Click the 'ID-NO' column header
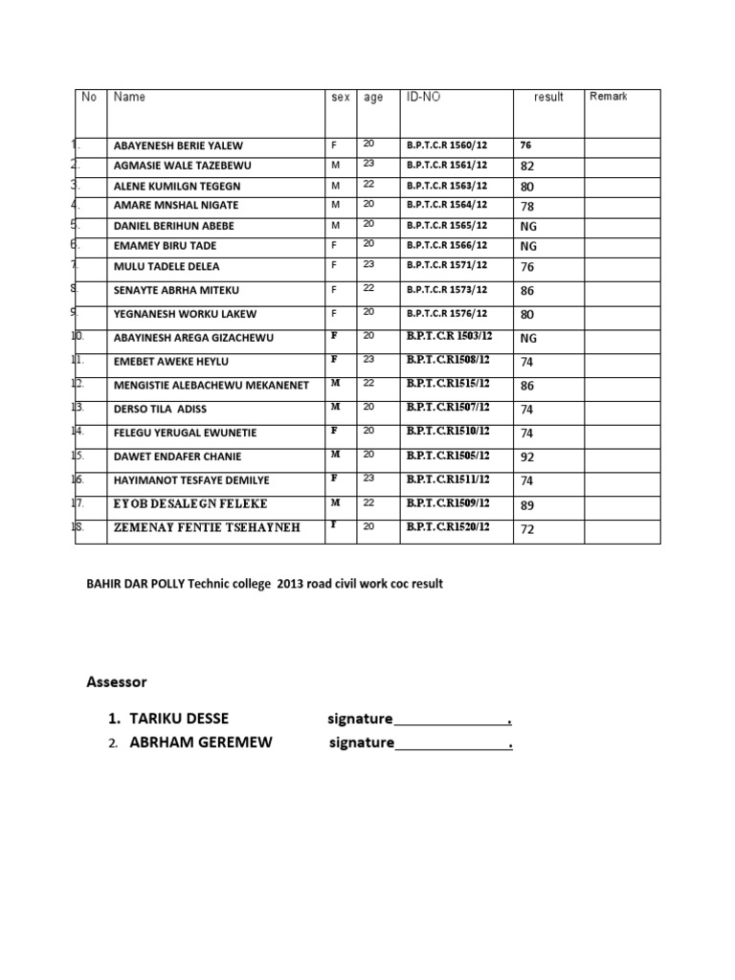pos(424,98)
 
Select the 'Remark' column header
pos(609,97)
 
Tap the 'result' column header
pos(548,98)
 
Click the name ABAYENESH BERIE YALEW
pos(178,146)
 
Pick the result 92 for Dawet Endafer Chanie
pos(527,457)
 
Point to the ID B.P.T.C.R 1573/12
pos(447,290)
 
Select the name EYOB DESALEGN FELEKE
pos(190,503)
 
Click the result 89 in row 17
pos(527,504)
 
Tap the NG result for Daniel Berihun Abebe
pos(528,227)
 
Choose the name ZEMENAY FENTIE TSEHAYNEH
pos(207,528)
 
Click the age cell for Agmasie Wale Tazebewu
pos(369,164)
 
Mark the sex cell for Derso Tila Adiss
pos(335,408)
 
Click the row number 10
pos(78,337)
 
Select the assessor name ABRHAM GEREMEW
pos(201,743)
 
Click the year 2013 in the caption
pos(290,584)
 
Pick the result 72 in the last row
pos(527,529)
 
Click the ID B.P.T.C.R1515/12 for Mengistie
pos(447,384)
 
